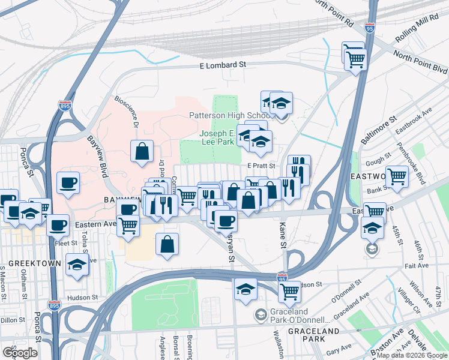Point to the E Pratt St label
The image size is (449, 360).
[x=261, y=166]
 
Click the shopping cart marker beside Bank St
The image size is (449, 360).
[x=397, y=177]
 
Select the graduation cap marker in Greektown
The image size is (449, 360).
[x=77, y=264]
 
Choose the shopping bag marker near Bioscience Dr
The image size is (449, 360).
[x=142, y=151]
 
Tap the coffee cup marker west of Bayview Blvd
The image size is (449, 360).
[x=68, y=182]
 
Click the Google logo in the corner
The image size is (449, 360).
[x=20, y=352]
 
